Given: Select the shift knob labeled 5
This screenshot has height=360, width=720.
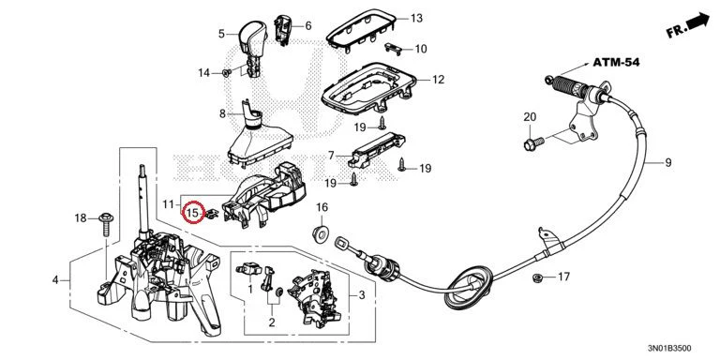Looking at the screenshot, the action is [250, 47].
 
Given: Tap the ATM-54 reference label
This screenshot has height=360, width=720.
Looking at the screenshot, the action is [616, 62].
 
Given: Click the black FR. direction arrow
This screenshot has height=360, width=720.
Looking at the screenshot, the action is [697, 22].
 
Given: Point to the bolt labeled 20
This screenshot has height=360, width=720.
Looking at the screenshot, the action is [533, 143].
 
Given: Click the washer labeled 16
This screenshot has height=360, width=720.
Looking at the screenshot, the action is [320, 234].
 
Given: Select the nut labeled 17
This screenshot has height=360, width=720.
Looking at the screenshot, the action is [536, 277].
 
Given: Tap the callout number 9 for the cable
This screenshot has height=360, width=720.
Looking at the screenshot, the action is [667, 162].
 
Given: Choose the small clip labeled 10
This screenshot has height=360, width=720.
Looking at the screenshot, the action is [393, 48].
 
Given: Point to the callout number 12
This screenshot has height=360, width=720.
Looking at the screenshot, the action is [439, 80].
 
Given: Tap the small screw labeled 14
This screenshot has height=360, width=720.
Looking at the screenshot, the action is [226, 72].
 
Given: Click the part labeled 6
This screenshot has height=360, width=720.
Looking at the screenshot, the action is [282, 29].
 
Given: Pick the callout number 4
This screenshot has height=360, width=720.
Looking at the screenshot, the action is [55, 279].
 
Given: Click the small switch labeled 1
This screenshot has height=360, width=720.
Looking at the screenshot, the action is [248, 269].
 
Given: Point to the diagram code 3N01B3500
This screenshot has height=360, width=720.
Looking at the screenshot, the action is [669, 349].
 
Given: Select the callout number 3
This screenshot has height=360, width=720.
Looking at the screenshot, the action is [361, 294].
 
